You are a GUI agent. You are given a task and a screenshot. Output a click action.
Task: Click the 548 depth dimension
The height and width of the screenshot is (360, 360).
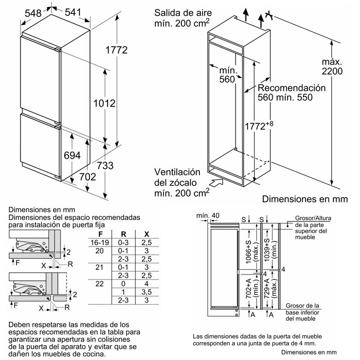point(33,13)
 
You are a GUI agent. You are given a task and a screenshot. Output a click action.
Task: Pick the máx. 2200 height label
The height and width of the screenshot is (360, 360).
point(333,67)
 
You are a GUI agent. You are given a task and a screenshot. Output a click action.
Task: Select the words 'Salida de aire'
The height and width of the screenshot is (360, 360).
point(179,12)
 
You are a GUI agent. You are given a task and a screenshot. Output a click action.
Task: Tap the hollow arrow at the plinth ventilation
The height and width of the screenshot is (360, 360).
point(216,182)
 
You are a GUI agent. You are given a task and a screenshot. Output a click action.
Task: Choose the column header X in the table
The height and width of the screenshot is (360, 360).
point(146,234)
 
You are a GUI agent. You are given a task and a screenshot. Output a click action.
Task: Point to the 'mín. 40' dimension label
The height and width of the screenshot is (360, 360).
point(208,216)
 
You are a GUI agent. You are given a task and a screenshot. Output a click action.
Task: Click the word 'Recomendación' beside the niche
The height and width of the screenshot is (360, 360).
point(291,88)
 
